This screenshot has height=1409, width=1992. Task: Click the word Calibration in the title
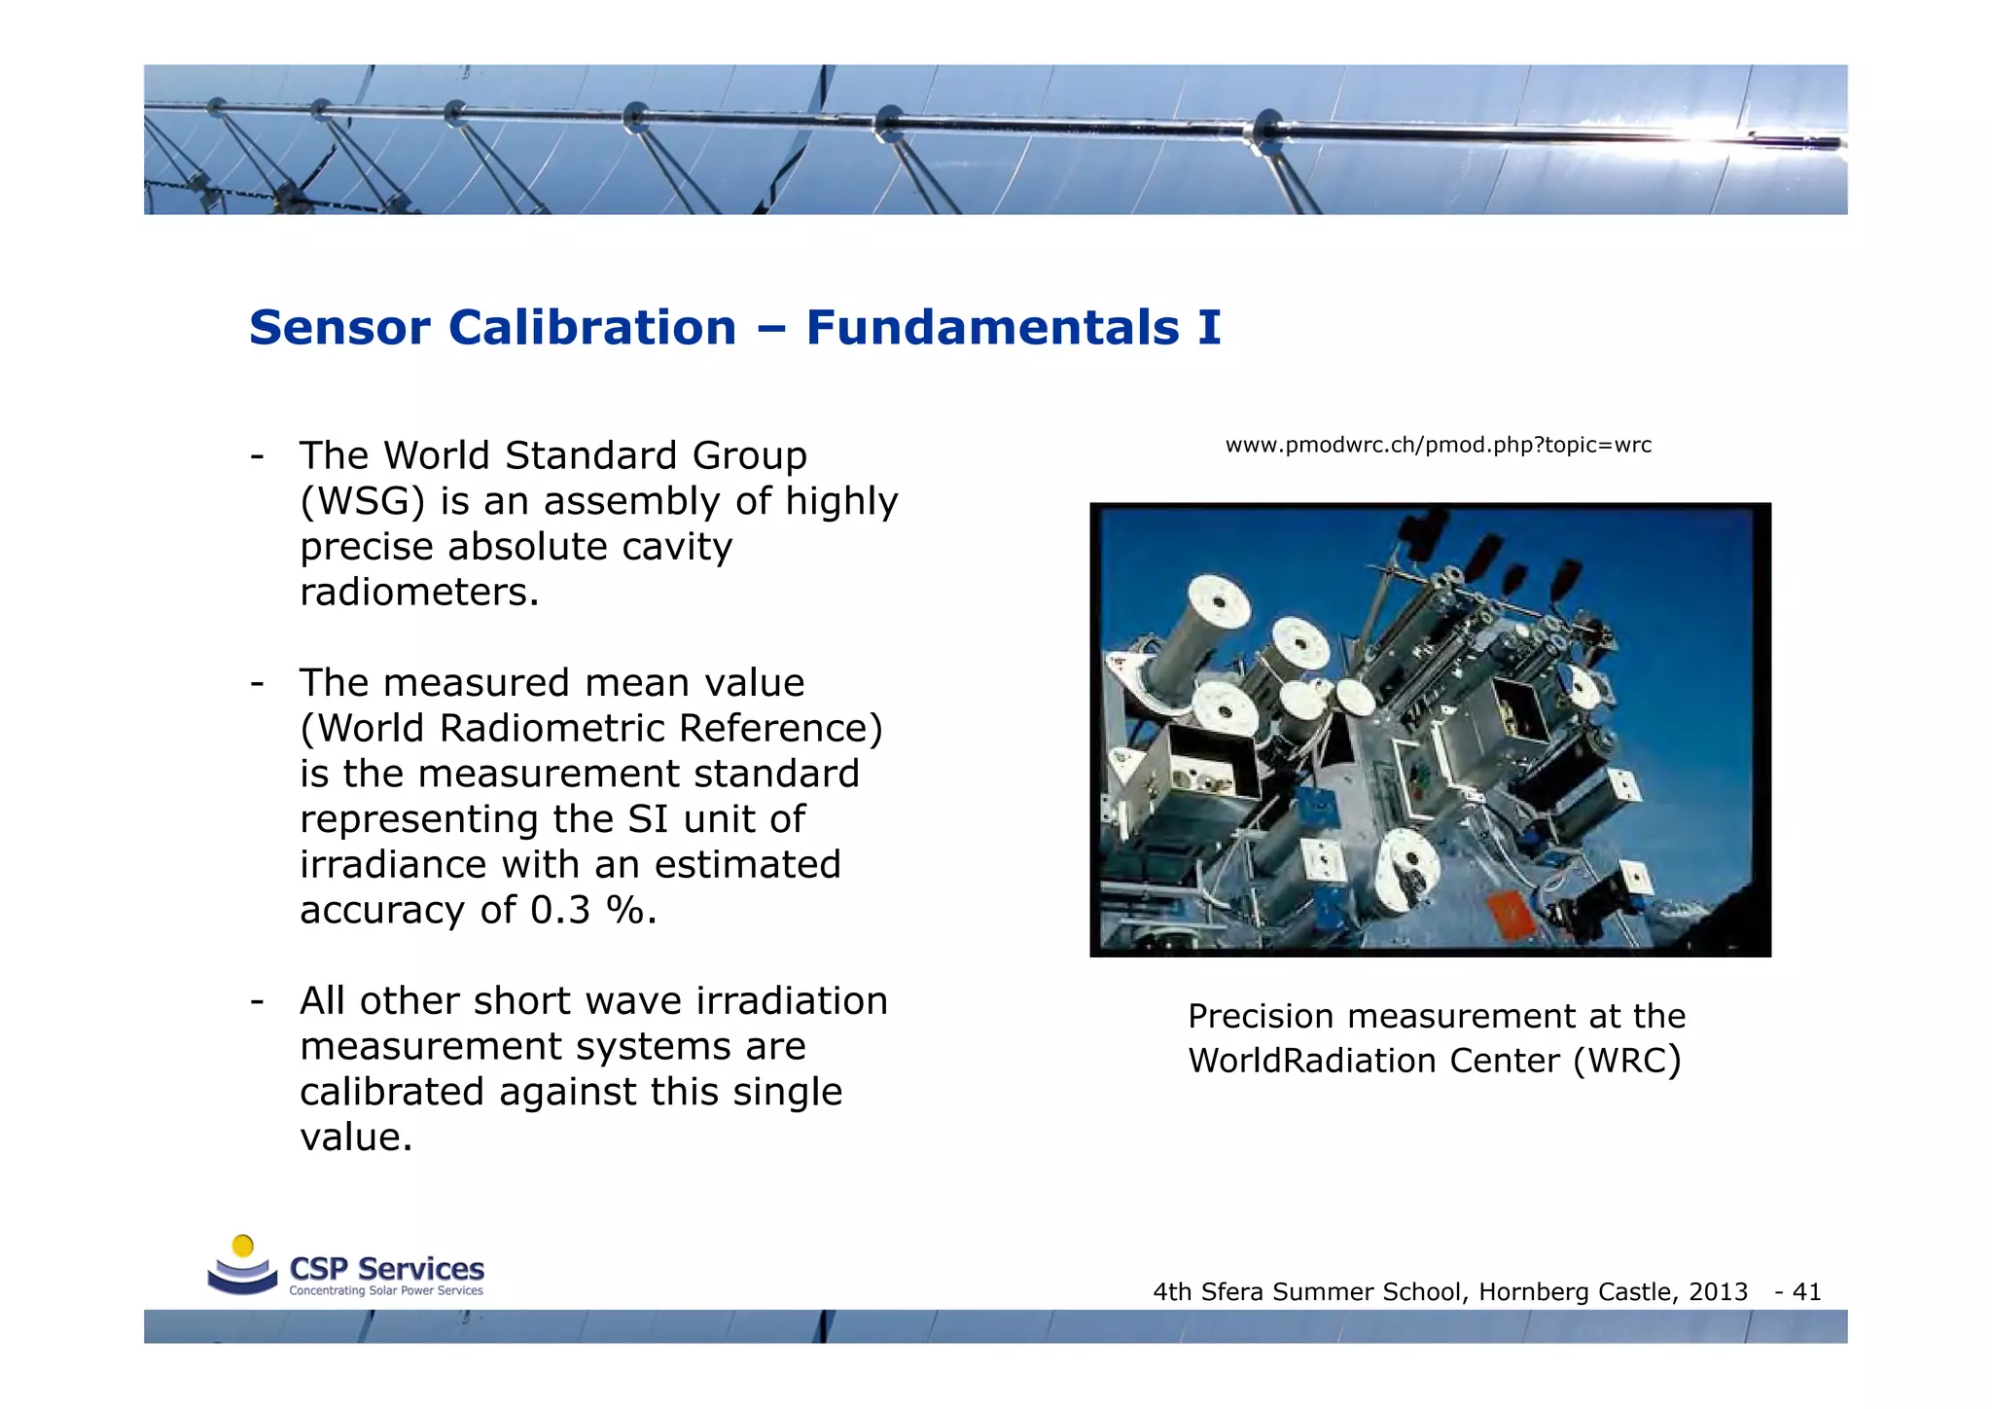click(591, 328)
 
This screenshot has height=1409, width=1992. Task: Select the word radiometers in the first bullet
click(418, 593)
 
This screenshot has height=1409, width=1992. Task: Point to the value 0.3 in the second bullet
click(560, 911)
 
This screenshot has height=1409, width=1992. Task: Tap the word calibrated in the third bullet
click(392, 1092)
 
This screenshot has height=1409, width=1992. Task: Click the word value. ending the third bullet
click(356, 1138)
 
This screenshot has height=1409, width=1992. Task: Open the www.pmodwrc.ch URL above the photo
click(1438, 446)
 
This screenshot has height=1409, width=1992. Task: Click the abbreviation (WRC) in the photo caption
click(1626, 1061)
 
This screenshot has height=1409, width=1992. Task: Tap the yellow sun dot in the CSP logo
click(243, 1246)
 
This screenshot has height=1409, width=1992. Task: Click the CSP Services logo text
click(386, 1269)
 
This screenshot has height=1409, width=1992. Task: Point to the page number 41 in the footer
click(1806, 1292)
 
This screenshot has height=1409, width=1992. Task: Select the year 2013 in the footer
click(1718, 1292)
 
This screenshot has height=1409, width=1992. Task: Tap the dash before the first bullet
click(257, 456)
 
